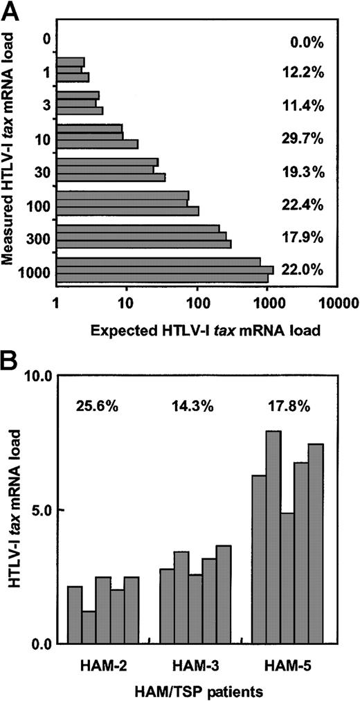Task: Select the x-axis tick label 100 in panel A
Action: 197,303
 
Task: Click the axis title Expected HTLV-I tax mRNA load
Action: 205,330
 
